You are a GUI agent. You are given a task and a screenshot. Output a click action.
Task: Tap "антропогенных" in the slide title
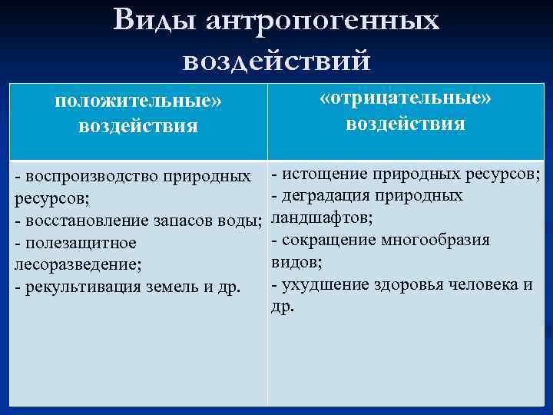(323, 22)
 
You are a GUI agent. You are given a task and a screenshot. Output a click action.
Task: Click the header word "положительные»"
(137, 102)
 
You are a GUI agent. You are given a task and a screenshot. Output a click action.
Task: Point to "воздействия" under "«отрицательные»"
(405, 124)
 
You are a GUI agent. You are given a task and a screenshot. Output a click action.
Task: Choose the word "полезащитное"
(80, 243)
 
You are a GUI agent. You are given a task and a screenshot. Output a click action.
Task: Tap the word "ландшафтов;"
(323, 217)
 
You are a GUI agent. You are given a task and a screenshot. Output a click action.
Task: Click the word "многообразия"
(440, 240)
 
